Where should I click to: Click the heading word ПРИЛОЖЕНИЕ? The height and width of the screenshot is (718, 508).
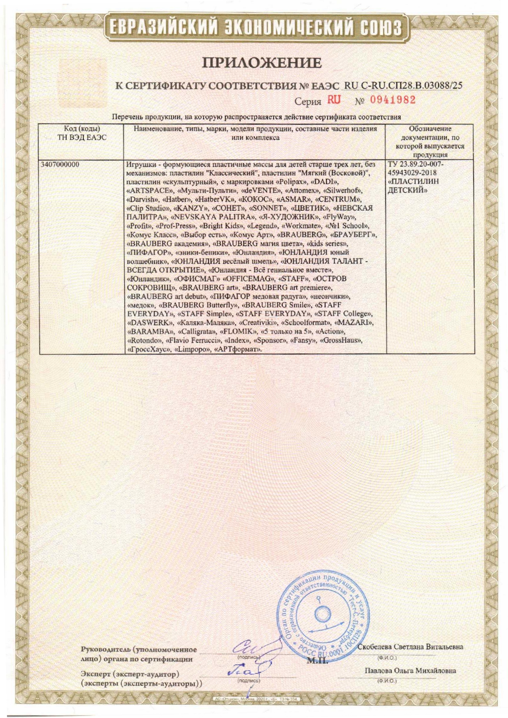coord(262,63)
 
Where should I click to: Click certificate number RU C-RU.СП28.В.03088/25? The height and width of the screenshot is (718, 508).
coord(403,86)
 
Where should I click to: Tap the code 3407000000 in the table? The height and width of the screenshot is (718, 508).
coord(60,164)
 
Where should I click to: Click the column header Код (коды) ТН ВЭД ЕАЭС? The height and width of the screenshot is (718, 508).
coord(82,133)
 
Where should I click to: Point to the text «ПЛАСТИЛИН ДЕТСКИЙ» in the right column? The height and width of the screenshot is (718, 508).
coord(413,186)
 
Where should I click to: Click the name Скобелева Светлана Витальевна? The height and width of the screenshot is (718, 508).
coord(410,647)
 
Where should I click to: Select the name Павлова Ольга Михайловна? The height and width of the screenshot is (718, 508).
coord(410,671)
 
